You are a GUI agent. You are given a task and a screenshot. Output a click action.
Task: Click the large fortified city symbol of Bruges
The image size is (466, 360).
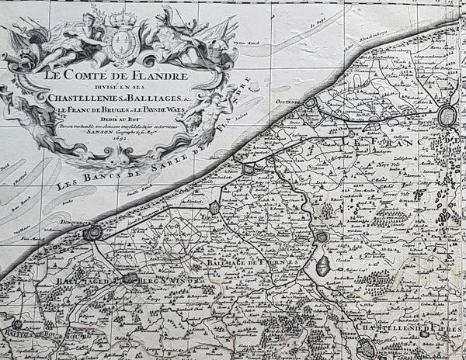449,117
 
